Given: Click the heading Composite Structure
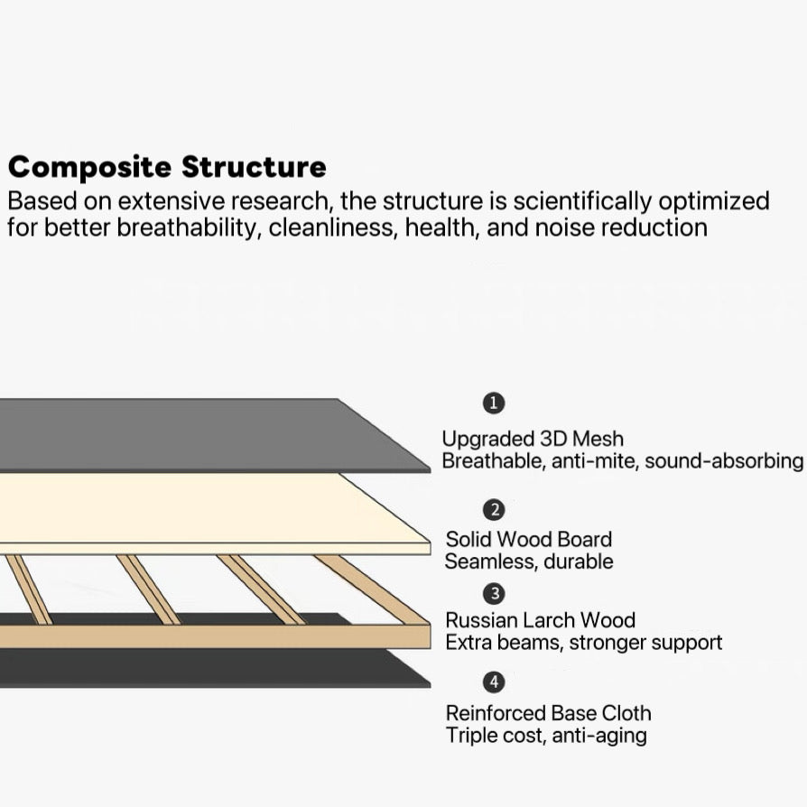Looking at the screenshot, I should pyautogui.click(x=167, y=168).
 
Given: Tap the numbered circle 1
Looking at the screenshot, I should pyautogui.click(x=494, y=403).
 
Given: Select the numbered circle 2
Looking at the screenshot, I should pyautogui.click(x=494, y=510).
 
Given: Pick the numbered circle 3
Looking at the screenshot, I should pyautogui.click(x=494, y=593).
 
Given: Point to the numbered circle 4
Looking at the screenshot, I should pyautogui.click(x=494, y=682).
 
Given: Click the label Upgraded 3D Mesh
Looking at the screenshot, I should pyautogui.click(x=532, y=439).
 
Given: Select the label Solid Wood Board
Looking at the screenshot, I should pyautogui.click(x=528, y=540).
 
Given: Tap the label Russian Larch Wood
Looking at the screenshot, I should pyautogui.click(x=540, y=620).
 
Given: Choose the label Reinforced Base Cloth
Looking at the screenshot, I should pyautogui.click(x=548, y=713).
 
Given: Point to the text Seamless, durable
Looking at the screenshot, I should pyautogui.click(x=528, y=561).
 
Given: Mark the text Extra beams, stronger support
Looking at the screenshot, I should pyautogui.click(x=583, y=643).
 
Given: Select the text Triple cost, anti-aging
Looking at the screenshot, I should pyautogui.click(x=545, y=735).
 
